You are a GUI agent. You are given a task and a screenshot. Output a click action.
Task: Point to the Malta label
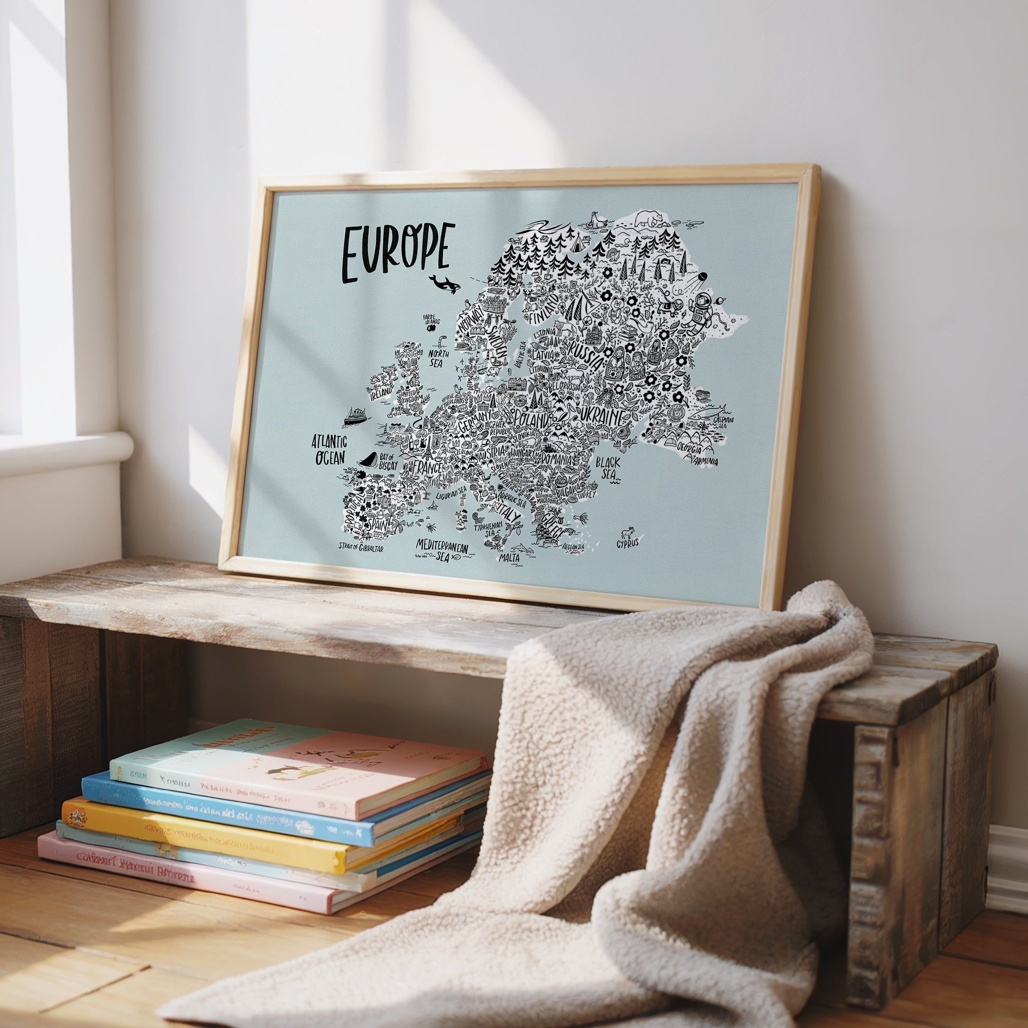coord(509,558)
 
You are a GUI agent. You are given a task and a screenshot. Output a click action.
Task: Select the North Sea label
coord(439,358)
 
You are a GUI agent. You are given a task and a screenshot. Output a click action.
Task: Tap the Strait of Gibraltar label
coord(361,547)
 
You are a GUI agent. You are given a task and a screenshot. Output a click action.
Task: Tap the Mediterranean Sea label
coord(442,550)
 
